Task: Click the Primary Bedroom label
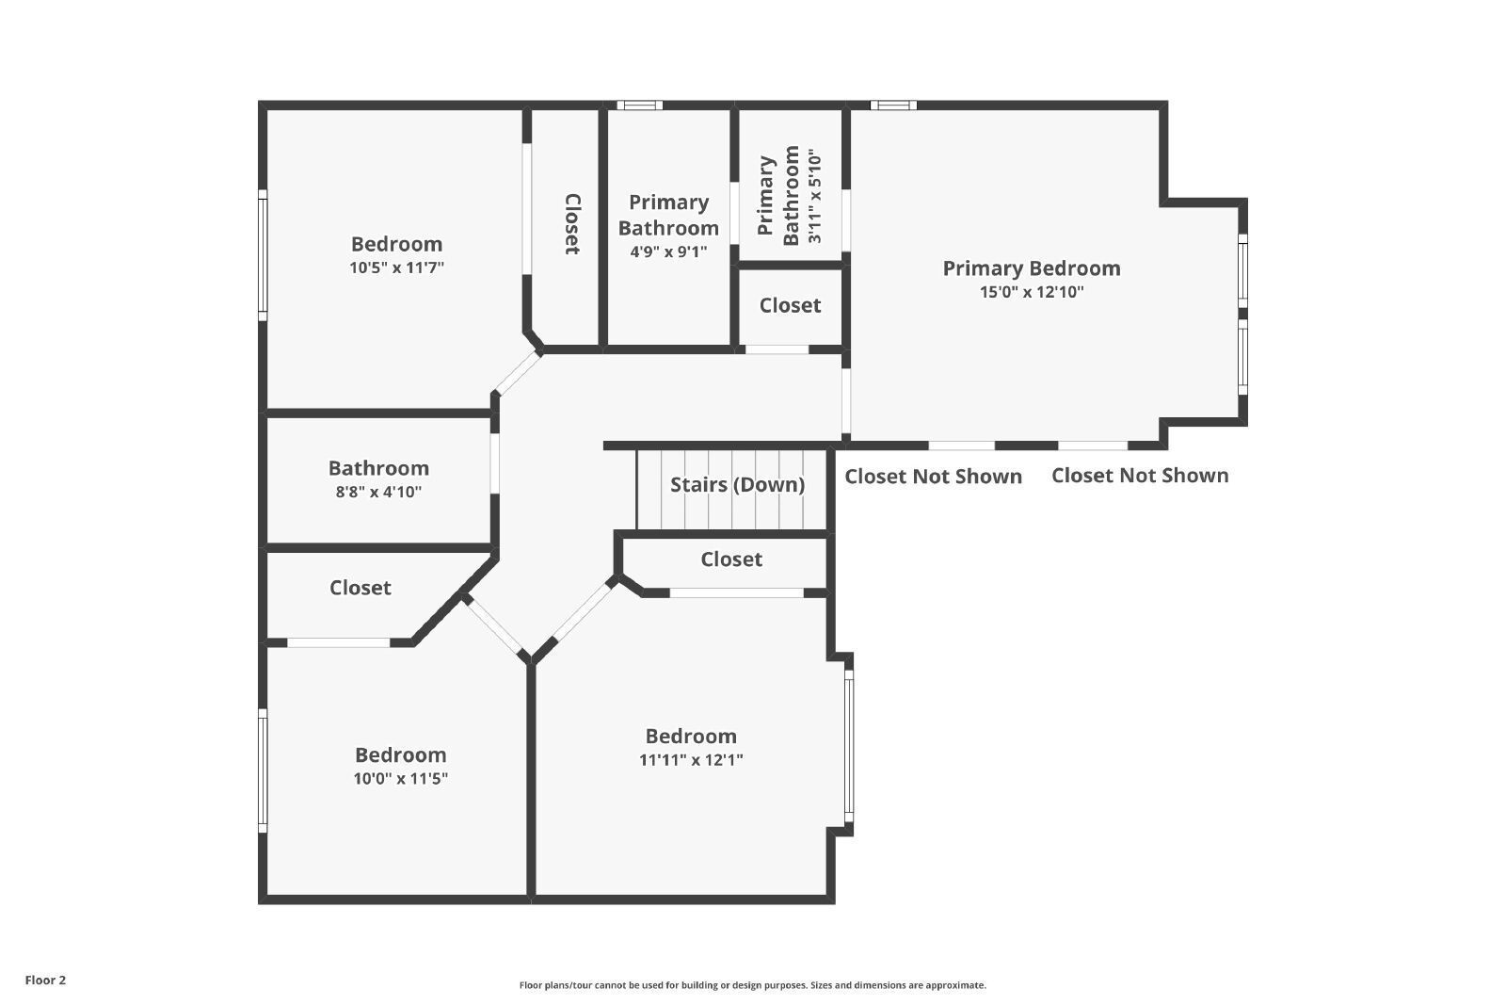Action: click(x=1032, y=268)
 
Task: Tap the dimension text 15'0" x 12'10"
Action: click(x=1032, y=292)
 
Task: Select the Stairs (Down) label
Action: click(x=738, y=484)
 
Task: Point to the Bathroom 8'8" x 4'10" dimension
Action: click(x=378, y=492)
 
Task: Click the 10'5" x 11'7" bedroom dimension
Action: click(x=396, y=267)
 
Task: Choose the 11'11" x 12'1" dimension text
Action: click(x=691, y=760)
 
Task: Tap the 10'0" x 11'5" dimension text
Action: click(x=401, y=779)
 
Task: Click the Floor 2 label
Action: click(x=46, y=981)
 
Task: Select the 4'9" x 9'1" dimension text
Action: click(x=668, y=252)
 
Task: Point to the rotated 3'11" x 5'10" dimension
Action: click(x=814, y=196)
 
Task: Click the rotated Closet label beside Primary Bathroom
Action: click(x=572, y=224)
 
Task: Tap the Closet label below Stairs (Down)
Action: click(x=731, y=559)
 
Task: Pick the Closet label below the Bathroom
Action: click(x=360, y=588)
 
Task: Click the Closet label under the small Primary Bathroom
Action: click(x=790, y=305)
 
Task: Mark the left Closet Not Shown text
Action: click(x=933, y=477)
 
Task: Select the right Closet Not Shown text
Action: click(x=1140, y=476)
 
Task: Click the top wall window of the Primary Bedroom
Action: click(x=893, y=105)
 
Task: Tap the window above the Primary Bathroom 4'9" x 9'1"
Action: click(x=639, y=105)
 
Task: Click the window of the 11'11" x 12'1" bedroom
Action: click(x=849, y=746)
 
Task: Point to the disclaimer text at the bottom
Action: click(x=752, y=985)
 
